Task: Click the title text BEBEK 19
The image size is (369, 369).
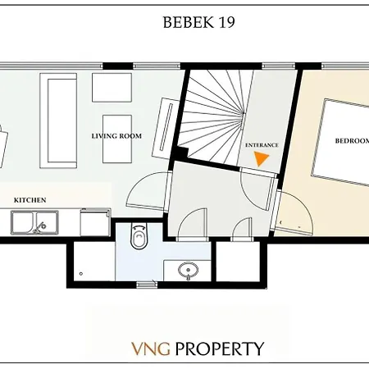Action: coord(199,22)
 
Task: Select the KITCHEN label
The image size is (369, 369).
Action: coord(30,200)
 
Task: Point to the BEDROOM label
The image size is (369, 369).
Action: coord(350,140)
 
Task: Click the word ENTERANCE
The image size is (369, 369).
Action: coord(262,145)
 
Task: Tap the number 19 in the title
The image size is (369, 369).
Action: coord(225,22)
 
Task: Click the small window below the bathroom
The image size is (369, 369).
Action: coord(145,284)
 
